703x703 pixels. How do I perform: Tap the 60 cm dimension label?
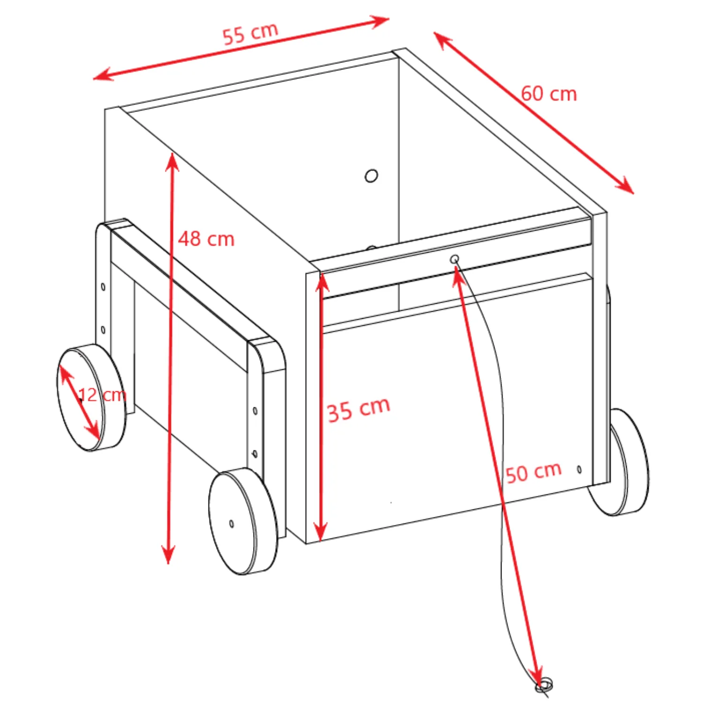[549, 94]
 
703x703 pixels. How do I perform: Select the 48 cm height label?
[206, 239]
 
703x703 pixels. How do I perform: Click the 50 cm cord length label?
[534, 472]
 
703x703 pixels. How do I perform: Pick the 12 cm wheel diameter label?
[102, 395]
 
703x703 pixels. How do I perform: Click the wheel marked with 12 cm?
[92, 398]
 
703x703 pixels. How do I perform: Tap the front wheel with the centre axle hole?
[243, 521]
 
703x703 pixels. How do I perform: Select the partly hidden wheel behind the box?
[619, 462]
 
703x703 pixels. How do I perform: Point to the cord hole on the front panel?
[454, 259]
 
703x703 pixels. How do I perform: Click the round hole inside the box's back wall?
[371, 176]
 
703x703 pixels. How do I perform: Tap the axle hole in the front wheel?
[232, 524]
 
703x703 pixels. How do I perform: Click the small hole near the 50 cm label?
[579, 469]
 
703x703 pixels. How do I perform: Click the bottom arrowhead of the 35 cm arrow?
[320, 532]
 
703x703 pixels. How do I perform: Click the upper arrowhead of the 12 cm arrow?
[66, 374]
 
